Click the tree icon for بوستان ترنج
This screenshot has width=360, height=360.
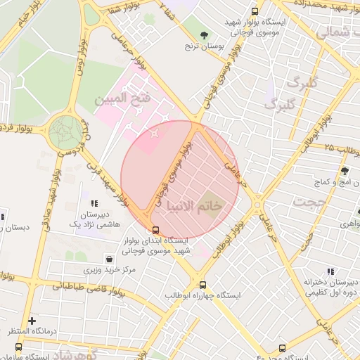205,34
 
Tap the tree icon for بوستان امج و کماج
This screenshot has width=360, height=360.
345,171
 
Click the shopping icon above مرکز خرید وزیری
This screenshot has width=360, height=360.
108,259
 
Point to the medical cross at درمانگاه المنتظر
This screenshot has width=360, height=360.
31,321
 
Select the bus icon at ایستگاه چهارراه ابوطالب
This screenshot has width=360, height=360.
202,285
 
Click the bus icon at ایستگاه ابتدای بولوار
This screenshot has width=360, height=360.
155,229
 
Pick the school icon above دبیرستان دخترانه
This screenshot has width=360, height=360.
330,271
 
